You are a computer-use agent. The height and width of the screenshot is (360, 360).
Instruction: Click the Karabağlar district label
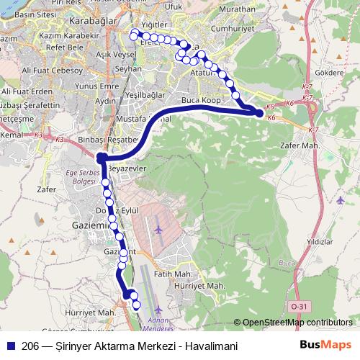pos(89,22)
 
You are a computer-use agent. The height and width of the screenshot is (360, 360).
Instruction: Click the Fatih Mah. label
pos(173,274)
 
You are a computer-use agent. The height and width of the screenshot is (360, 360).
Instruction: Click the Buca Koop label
pos(201,99)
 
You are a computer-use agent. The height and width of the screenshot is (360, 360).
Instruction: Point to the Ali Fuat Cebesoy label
pos(53,71)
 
